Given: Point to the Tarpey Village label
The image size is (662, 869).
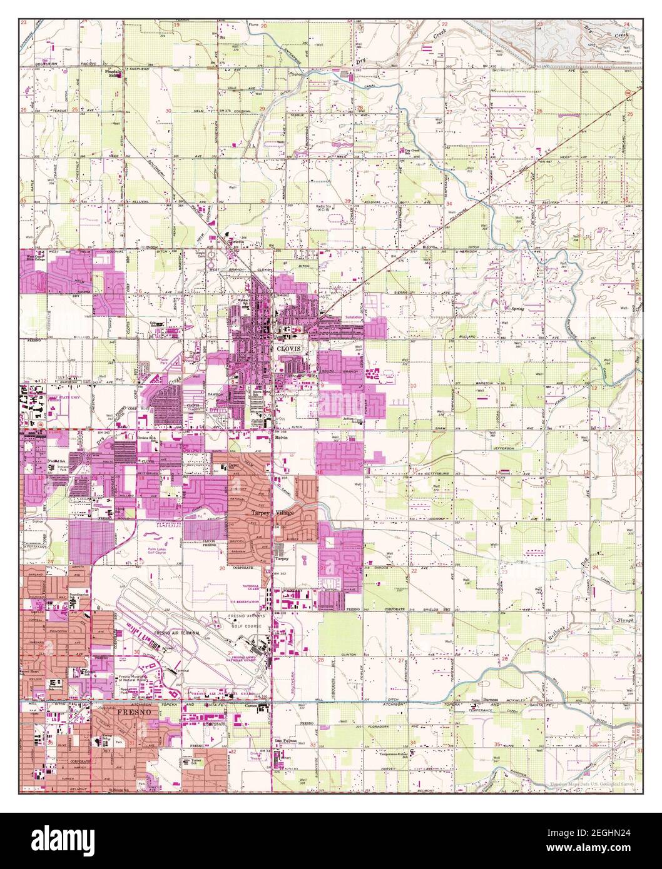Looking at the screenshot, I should pos(275,512).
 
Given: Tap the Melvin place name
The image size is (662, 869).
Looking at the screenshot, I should pos(281,438).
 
